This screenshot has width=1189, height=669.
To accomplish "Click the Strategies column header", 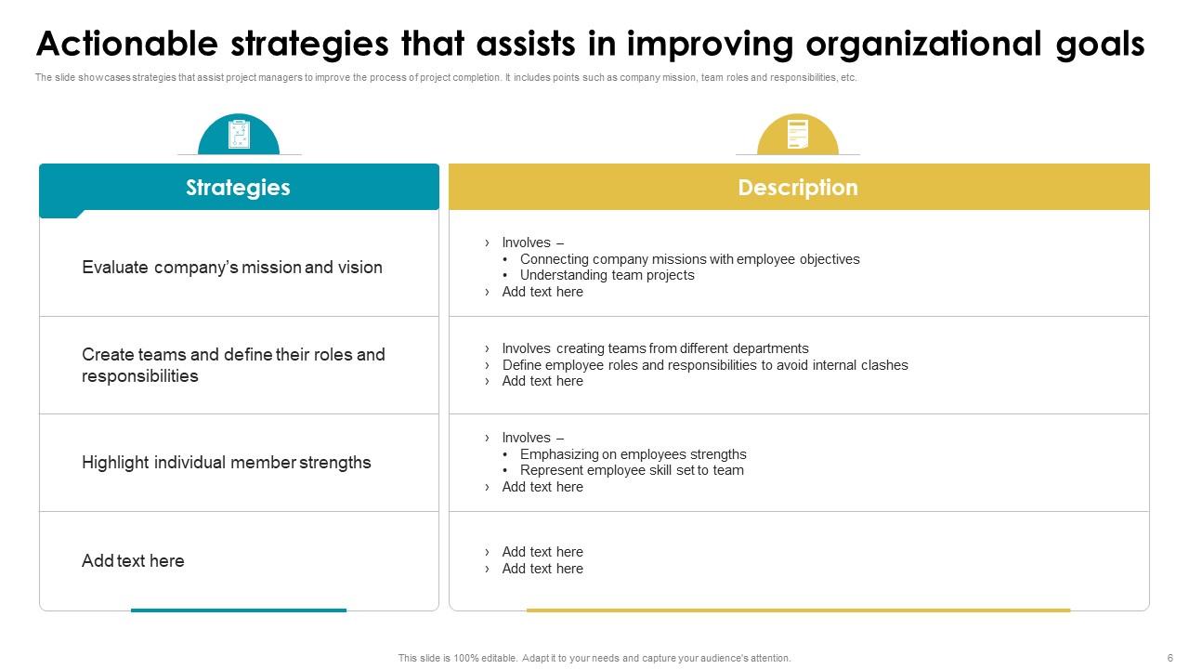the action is pos(239,188).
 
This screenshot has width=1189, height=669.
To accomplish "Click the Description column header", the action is pos(798,188).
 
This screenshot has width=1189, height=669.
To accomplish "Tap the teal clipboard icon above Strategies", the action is pos(239,135).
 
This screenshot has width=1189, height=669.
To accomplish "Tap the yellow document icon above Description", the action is pos(798,134).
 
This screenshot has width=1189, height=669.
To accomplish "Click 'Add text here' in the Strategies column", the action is pos(133,560).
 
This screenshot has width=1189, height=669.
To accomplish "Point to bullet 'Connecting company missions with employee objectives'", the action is pos(689,259).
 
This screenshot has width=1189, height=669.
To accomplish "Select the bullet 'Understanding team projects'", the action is pos(607,275).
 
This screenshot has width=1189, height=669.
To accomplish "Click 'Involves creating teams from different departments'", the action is pos(655,348).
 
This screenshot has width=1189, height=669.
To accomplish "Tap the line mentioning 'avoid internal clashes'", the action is pos(705,365).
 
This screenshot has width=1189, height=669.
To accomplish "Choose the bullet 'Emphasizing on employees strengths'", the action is pos(633,454).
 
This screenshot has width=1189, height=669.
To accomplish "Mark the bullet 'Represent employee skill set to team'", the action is pos(632,470).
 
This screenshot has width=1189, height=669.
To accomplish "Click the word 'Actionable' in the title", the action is pos(127,44).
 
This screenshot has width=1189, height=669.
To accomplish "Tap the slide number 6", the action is pos(1169,658).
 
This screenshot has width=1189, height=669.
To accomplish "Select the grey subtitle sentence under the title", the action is pos(446,77).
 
